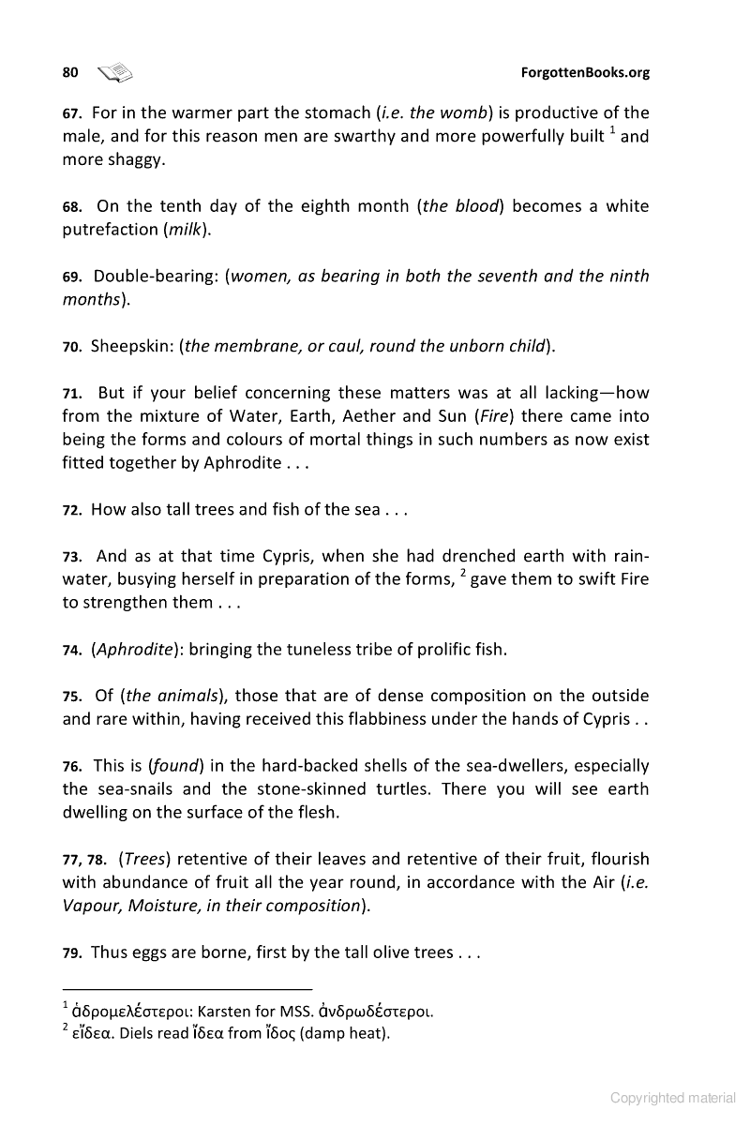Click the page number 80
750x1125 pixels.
tap(69, 72)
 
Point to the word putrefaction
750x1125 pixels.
tap(110, 230)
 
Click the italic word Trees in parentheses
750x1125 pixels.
tap(144, 859)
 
